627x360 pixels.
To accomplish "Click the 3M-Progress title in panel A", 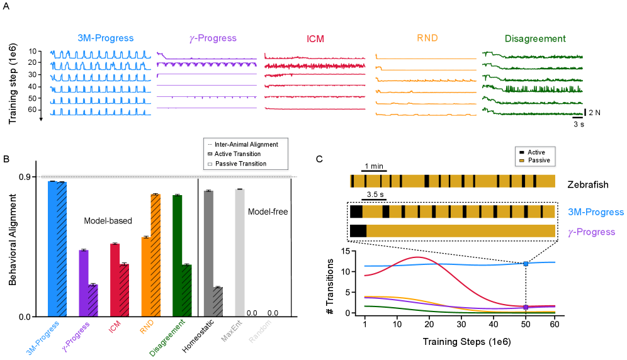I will (106, 38).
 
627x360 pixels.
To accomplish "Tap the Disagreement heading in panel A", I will (526, 38).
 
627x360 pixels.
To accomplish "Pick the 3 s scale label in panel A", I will (578, 124).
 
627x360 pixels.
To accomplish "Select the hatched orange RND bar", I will (155, 255).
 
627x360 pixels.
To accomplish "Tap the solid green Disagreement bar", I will (178, 256).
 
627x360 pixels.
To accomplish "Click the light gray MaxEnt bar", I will (239, 252).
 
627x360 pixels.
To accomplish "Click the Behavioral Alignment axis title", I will (13, 239).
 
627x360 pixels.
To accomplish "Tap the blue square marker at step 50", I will (526, 263).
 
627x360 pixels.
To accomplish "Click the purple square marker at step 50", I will (526, 307).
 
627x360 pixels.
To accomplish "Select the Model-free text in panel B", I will (268, 211).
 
